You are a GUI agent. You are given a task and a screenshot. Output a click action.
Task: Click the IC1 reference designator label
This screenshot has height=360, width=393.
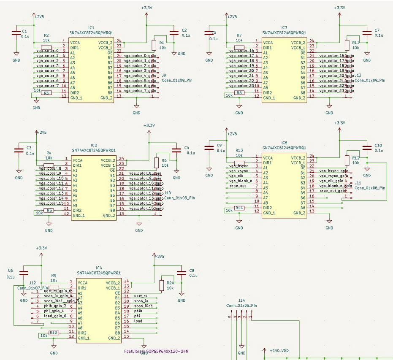click(x=91, y=27)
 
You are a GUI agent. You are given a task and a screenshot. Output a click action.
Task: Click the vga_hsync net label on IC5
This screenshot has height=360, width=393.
click(x=239, y=166)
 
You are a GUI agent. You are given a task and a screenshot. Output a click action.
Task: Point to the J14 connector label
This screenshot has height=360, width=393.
click(x=241, y=300)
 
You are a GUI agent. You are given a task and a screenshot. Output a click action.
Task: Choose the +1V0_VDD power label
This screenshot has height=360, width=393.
click(x=279, y=351)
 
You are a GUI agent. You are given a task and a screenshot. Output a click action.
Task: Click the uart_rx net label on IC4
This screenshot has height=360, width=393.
click(x=141, y=296)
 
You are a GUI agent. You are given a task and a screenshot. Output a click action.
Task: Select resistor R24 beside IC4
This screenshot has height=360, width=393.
click(x=161, y=286)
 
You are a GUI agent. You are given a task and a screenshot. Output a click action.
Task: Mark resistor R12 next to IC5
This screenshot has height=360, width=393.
click(x=347, y=160)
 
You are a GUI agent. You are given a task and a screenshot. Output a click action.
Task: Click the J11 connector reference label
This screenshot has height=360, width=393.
click(x=358, y=183)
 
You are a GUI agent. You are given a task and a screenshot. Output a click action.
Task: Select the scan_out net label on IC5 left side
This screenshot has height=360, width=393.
click(x=238, y=186)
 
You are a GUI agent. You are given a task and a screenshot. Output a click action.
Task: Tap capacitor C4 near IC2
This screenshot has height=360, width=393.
click(x=176, y=150)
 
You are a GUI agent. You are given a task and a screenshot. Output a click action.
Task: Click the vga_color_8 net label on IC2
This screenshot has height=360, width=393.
click(x=50, y=168)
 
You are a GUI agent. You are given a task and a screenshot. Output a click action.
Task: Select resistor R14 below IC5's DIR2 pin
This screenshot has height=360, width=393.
click(x=239, y=208)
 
